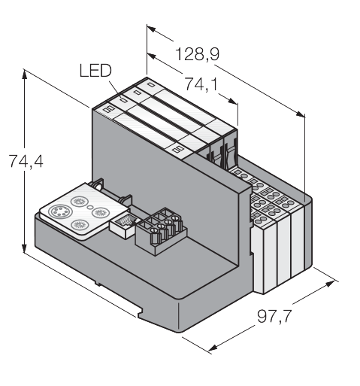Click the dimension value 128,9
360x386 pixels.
(197, 54)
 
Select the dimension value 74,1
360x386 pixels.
(201, 84)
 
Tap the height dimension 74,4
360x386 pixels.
(26, 161)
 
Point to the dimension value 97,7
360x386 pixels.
(274, 317)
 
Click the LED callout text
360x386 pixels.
(95, 71)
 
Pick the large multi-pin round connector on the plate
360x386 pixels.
(59, 212)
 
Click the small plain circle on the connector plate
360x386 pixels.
(89, 207)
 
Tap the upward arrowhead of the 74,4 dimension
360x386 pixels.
(24, 74)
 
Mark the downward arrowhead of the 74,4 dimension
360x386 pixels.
(24, 248)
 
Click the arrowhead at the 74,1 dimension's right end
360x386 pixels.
(232, 101)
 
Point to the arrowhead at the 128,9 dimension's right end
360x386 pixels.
(301, 114)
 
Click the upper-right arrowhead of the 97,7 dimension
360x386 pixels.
(330, 284)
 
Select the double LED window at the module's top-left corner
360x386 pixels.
(109, 109)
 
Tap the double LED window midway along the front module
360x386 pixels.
(177, 149)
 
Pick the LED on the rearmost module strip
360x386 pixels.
(151, 84)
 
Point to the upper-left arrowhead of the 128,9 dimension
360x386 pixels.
(152, 29)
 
